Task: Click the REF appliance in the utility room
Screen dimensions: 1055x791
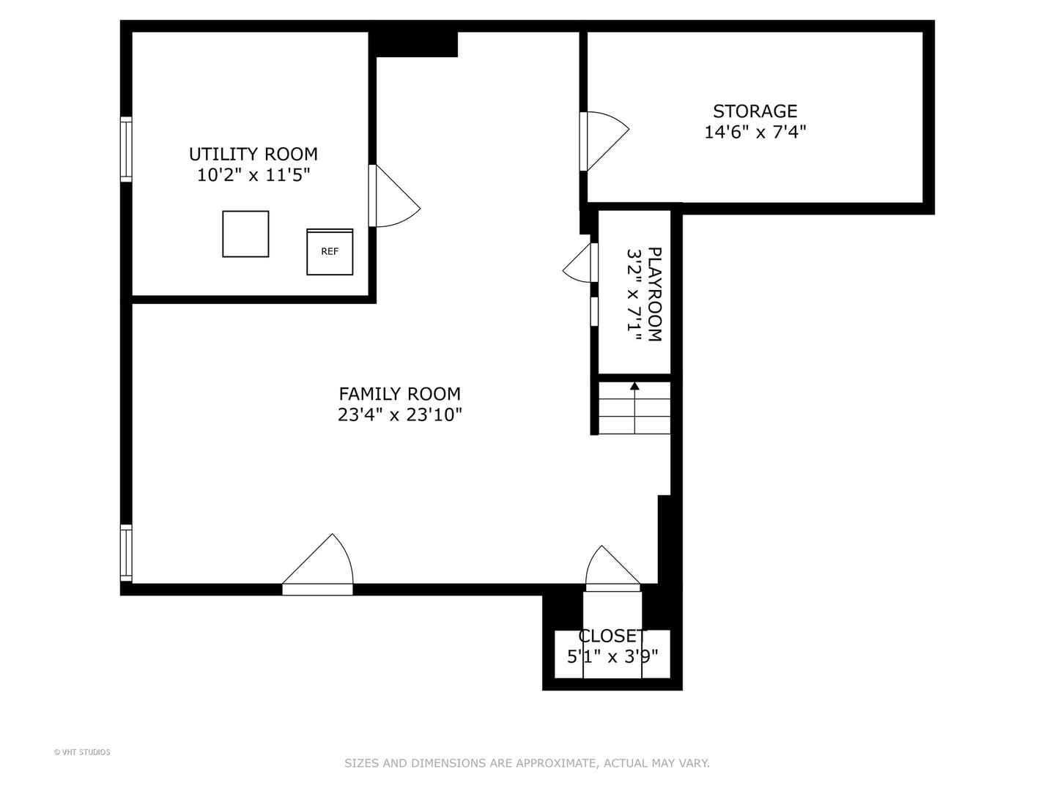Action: coord(330,252)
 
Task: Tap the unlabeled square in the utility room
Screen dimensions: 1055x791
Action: coord(245,234)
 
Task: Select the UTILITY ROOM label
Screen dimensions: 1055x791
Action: coord(253,154)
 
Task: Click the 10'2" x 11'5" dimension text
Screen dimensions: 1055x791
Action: coord(253,175)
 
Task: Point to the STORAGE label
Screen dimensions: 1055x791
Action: coord(755,111)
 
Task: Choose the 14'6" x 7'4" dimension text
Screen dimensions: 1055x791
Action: coord(755,132)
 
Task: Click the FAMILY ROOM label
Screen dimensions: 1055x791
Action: coord(400,394)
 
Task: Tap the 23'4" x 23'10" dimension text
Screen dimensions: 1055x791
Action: coord(400,415)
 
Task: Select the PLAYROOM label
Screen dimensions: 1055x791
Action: coord(655,294)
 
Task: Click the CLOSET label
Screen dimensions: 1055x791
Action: coord(612,636)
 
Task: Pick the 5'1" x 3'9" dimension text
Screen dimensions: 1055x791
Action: coord(612,656)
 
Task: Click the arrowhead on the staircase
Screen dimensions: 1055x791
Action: coord(634,386)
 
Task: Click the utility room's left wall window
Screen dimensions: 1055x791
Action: coord(126,149)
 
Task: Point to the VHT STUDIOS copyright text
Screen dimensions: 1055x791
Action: coord(82,752)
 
